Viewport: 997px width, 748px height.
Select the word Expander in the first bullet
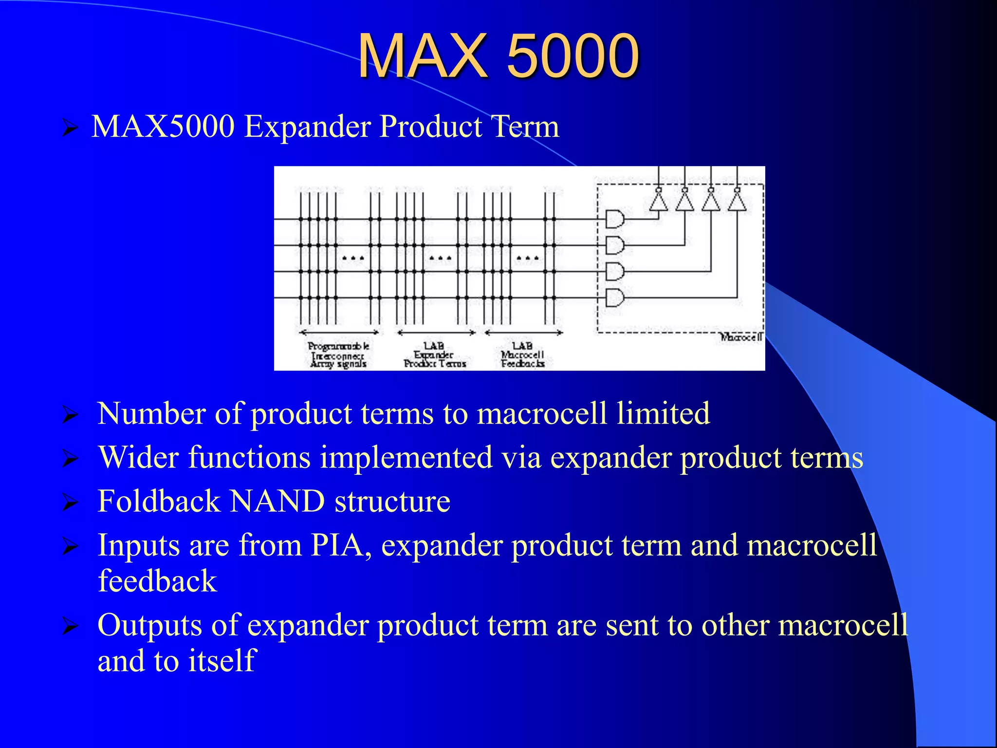(x=308, y=127)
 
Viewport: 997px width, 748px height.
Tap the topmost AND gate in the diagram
(x=614, y=219)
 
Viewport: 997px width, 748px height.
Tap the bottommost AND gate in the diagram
(x=614, y=298)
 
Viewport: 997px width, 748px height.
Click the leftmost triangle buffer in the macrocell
(x=658, y=201)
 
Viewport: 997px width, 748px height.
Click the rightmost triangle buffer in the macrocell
(x=737, y=201)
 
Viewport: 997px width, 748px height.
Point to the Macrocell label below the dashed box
(x=740, y=337)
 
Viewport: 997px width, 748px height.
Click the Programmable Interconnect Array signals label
(x=338, y=355)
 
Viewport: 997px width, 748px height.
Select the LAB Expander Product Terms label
(x=434, y=355)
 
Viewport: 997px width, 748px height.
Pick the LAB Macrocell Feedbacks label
(x=522, y=355)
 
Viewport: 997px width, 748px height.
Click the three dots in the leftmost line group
(x=353, y=258)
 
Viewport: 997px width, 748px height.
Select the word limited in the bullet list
(x=663, y=413)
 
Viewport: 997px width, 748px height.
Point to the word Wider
(x=138, y=457)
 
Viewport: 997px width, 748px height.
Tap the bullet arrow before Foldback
(x=70, y=503)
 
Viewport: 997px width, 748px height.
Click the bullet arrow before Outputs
(x=70, y=626)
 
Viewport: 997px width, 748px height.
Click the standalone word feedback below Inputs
(x=157, y=581)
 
